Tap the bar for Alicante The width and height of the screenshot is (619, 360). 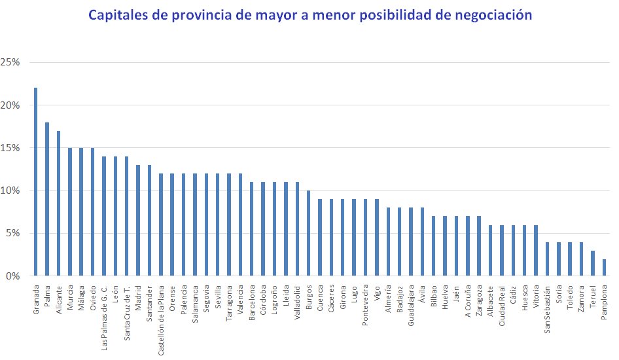(58, 204)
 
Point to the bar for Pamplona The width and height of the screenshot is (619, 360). (604, 268)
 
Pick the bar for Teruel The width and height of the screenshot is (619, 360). (593, 263)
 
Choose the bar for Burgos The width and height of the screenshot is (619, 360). (308, 233)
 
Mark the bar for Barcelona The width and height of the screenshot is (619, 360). (251, 229)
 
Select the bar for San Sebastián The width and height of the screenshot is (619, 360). (547, 259)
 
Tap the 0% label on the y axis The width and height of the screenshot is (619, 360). (16, 276)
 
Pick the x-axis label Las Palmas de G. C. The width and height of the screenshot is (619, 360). (104, 308)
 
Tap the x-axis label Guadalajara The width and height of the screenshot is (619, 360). (411, 302)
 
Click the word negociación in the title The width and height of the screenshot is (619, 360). (494, 14)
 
